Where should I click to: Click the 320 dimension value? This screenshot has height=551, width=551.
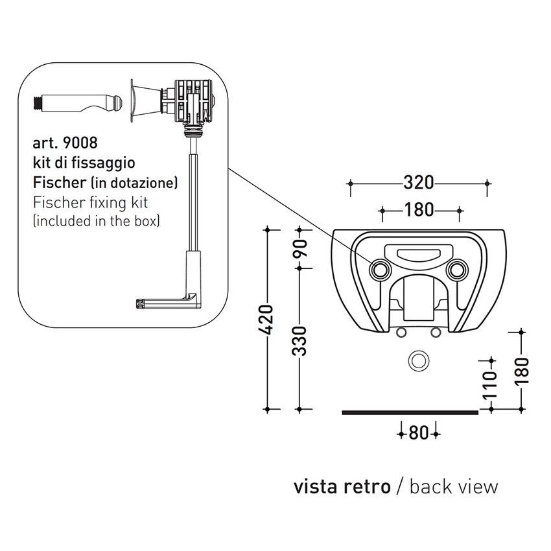[x=418, y=183]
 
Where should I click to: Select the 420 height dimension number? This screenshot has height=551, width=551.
[x=268, y=318]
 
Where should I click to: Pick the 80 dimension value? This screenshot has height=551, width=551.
[x=419, y=432]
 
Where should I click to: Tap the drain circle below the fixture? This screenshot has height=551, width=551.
[x=418, y=360]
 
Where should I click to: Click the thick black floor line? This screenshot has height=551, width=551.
[x=410, y=411]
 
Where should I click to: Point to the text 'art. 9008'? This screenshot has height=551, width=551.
[x=65, y=142]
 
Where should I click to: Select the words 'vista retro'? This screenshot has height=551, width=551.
[x=342, y=486]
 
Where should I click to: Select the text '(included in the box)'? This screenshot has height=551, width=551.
[x=96, y=221]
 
